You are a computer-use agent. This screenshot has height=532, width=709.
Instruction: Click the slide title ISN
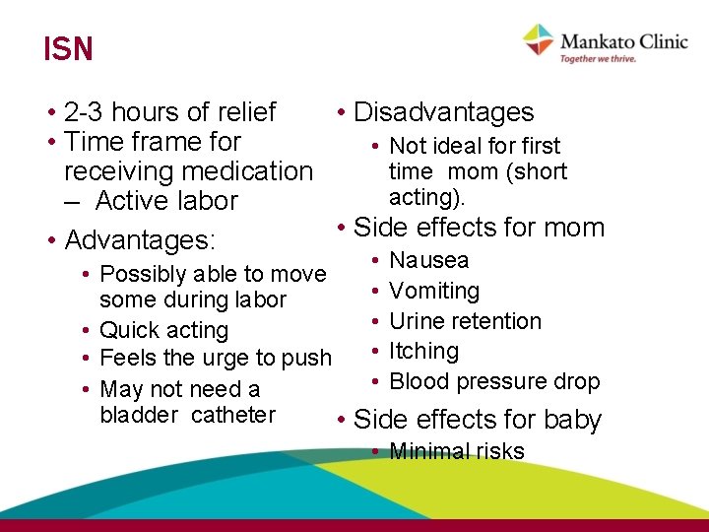(68, 49)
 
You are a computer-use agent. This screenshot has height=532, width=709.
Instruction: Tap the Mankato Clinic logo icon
(539, 40)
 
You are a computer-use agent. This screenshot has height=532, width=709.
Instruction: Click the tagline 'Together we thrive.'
(598, 59)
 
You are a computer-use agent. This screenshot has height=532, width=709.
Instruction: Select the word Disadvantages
(443, 113)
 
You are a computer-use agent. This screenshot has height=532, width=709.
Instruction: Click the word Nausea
(429, 261)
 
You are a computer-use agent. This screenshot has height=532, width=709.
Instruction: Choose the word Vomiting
(434, 292)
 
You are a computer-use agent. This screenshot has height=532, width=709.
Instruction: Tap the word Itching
(424, 352)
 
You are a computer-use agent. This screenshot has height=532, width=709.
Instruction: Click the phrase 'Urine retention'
(465, 321)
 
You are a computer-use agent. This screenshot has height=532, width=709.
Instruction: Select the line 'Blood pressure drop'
(494, 382)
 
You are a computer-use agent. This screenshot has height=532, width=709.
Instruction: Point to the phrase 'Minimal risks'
(457, 452)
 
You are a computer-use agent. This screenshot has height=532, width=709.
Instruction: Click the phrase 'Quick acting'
(163, 331)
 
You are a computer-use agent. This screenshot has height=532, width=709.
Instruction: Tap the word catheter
(233, 415)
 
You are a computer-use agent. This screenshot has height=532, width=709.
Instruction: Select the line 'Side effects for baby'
(477, 420)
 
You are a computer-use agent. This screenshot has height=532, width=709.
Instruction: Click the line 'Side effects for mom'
(479, 228)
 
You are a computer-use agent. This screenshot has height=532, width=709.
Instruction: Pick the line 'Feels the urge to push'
(216, 359)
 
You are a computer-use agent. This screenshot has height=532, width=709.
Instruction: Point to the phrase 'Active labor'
(166, 201)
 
